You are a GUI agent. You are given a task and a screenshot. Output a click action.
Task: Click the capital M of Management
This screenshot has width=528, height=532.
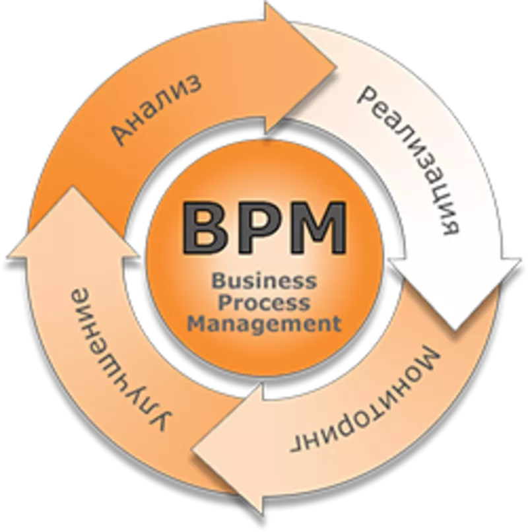tap(199, 325)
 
